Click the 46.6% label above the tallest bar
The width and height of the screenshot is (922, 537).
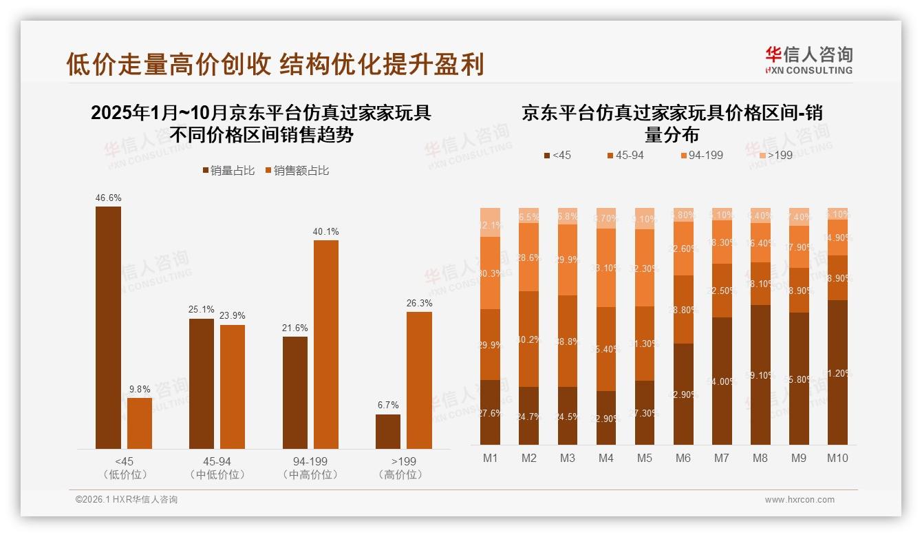click(x=109, y=198)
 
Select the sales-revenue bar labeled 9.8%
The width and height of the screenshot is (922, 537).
click(x=140, y=423)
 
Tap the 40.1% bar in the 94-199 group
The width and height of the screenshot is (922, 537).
click(x=326, y=344)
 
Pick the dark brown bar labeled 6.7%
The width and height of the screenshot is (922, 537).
click(x=388, y=432)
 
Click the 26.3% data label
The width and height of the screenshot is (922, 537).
click(x=419, y=304)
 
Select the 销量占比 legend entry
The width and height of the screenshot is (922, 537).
click(x=228, y=171)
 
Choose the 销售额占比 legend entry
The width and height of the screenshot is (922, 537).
click(x=297, y=171)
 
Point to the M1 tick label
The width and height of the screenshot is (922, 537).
click(x=490, y=458)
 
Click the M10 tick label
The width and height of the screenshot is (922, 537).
click(x=837, y=458)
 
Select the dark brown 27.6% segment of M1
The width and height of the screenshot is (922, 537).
click(x=490, y=412)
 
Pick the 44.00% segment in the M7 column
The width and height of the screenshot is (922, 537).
click(x=722, y=381)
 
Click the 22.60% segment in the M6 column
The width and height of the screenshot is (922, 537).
click(x=683, y=249)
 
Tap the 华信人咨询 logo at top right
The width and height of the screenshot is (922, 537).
click(x=808, y=60)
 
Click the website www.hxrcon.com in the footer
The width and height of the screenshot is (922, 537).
click(x=800, y=500)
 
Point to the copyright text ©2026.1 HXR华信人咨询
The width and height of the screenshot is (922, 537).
click(x=126, y=500)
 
